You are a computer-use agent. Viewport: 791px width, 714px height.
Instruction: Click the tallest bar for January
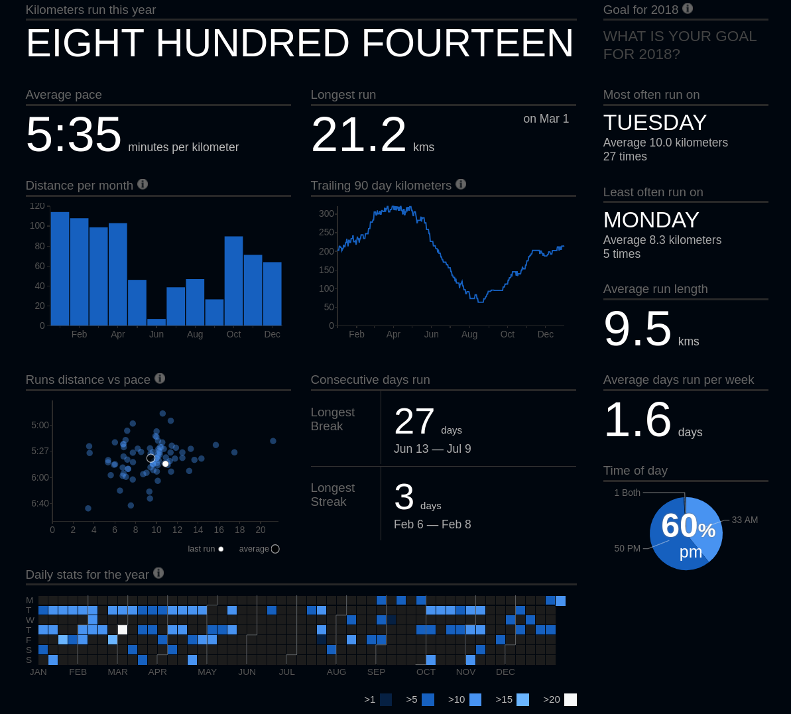(60, 268)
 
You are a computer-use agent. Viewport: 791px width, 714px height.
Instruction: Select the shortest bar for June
(156, 322)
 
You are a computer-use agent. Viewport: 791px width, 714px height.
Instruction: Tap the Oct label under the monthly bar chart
(233, 334)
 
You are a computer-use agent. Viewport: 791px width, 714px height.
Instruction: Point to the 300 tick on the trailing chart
(326, 213)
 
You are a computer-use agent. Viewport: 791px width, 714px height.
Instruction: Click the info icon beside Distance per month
(143, 184)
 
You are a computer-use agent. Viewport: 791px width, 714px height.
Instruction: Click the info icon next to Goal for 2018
(688, 9)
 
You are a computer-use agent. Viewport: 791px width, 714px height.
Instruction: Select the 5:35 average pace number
(74, 134)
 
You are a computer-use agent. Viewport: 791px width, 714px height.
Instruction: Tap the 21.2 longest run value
(359, 134)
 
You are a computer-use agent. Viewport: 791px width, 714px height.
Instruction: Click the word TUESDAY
(655, 123)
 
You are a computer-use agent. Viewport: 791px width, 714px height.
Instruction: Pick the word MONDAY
(651, 220)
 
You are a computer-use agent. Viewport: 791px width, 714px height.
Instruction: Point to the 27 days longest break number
(414, 421)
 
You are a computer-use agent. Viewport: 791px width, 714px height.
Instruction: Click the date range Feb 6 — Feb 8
(432, 524)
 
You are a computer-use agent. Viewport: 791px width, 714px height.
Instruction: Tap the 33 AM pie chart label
(745, 520)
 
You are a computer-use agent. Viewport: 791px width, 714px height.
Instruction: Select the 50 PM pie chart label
(627, 548)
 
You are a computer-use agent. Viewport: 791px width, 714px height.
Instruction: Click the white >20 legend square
(570, 699)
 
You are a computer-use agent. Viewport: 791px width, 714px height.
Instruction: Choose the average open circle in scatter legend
(275, 549)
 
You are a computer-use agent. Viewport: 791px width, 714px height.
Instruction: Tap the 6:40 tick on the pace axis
(40, 503)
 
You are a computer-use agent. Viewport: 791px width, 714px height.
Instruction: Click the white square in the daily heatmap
(123, 630)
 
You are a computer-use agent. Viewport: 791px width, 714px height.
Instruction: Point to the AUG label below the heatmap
(336, 672)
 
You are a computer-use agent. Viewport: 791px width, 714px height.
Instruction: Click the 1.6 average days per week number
(637, 420)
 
